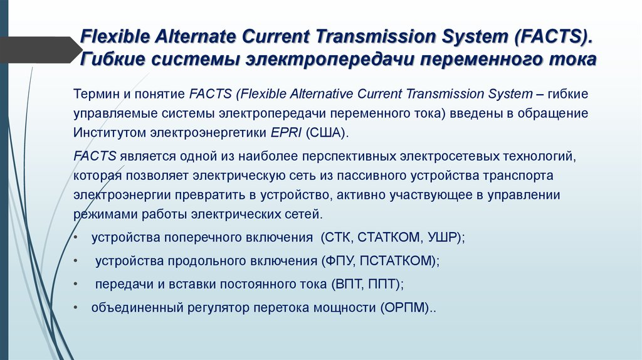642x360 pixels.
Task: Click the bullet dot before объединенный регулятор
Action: pyautogui.click(x=76, y=308)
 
